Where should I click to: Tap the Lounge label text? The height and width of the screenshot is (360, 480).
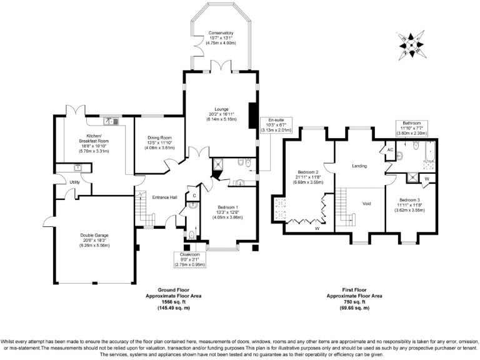[222, 109]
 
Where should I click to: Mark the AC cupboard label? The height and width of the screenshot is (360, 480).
[388, 151]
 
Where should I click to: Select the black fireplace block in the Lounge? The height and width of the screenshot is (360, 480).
[252, 115]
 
